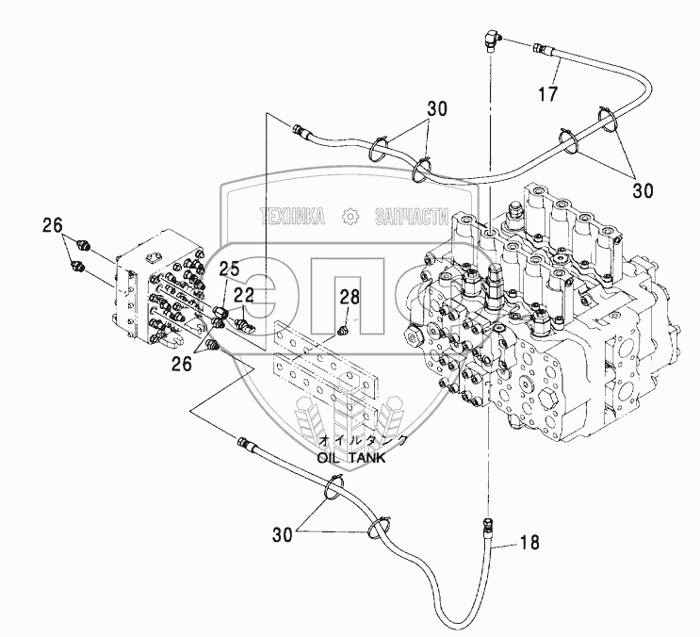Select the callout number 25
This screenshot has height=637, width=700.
point(230,270)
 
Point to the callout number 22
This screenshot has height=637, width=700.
point(244,295)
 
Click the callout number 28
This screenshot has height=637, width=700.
point(350,298)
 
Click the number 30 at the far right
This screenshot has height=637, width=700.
point(642,189)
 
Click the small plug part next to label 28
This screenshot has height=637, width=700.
point(343,330)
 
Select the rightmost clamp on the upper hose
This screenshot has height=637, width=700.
point(608,121)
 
